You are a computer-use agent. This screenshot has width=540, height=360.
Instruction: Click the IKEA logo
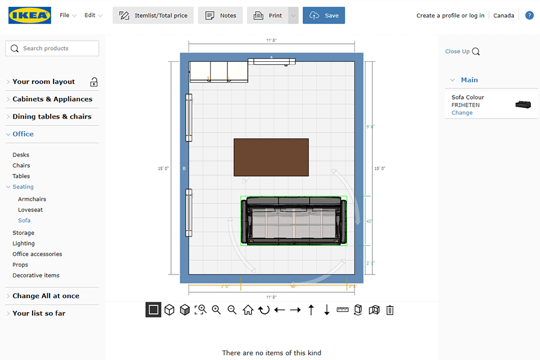[x=30, y=15]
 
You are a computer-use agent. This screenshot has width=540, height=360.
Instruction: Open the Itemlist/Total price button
[x=153, y=15]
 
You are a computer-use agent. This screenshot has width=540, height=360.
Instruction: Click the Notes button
[x=220, y=15]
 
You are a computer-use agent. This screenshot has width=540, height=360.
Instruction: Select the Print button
[x=268, y=15]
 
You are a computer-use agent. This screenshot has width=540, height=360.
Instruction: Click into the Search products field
[x=52, y=48]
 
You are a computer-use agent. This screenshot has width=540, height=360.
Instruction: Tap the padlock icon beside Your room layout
[x=94, y=82]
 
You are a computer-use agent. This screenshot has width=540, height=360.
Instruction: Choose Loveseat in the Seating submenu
[x=30, y=210]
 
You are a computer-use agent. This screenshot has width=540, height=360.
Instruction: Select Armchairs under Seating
[x=32, y=199]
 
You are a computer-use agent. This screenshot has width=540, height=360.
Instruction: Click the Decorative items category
[x=36, y=276]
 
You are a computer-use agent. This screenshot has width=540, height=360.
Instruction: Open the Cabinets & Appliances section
[x=52, y=99]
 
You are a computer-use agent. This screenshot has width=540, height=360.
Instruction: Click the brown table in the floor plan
[x=271, y=157]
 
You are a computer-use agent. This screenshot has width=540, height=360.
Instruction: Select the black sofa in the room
[x=293, y=221]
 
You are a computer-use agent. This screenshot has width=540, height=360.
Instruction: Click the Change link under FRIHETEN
[x=462, y=112]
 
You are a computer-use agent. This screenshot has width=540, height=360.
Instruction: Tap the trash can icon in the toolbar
[x=390, y=310]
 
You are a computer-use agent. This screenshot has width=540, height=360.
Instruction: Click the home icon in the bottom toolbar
[x=248, y=310]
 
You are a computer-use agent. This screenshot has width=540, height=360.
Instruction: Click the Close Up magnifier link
[x=462, y=51]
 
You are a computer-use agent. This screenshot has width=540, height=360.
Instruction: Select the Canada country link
[x=503, y=15]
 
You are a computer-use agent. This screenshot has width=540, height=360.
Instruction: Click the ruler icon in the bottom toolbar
[x=343, y=310]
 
